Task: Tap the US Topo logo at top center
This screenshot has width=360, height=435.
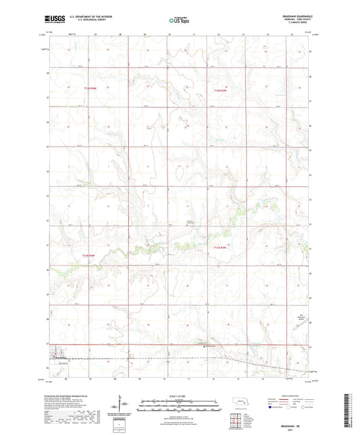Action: (179, 21)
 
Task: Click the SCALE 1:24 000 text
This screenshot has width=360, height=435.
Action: (179, 396)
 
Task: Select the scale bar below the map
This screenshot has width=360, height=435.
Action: (179, 403)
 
